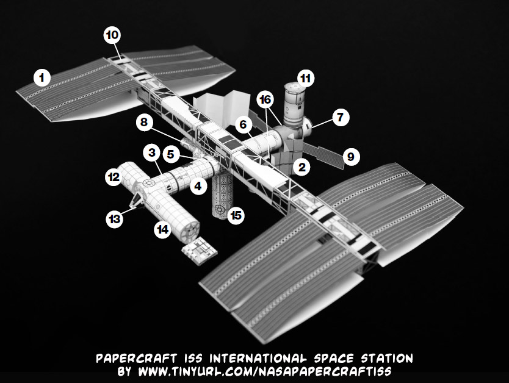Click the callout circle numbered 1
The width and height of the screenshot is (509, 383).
click(42, 77)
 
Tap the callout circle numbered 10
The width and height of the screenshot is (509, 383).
click(112, 35)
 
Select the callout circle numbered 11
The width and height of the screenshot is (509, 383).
click(305, 78)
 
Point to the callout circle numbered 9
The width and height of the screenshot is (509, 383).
click(350, 157)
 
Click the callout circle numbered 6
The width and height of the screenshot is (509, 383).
click(243, 125)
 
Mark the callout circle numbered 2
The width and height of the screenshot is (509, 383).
click(301, 166)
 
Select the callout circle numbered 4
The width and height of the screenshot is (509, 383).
click(197, 186)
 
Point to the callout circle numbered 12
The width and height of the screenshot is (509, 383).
click(113, 177)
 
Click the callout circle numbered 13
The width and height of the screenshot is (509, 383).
click(114, 217)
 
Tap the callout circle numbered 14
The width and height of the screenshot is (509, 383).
click(162, 230)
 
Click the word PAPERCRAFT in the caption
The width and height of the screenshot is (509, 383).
click(131, 357)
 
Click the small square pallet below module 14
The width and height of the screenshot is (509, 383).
click(199, 251)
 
